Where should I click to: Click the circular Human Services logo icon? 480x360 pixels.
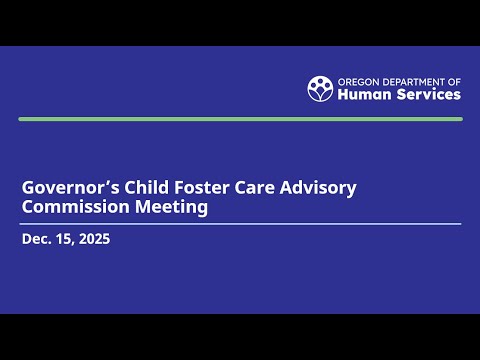[320, 88]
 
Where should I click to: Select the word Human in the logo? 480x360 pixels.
[363, 95]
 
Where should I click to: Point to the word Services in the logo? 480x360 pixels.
[427, 95]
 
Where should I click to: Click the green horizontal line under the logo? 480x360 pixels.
[240, 119]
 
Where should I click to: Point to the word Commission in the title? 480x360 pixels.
[70, 207]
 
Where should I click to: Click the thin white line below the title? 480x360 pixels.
[240, 224]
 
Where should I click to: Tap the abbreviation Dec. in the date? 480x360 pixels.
[36, 239]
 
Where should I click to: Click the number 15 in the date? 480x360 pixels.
[64, 239]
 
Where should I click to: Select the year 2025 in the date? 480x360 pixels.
[93, 239]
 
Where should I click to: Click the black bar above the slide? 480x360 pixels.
[240, 22]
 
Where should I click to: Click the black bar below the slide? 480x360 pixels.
[240, 337]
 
